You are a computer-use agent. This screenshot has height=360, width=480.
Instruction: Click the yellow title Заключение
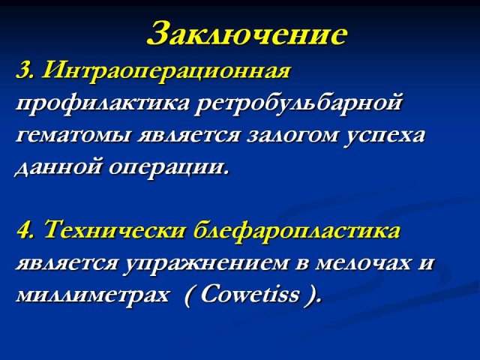(x=247, y=33)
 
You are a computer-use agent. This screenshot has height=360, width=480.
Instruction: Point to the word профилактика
(x=103, y=104)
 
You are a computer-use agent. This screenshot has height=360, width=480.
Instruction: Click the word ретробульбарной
(x=298, y=104)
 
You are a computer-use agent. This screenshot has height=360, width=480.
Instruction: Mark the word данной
(x=58, y=168)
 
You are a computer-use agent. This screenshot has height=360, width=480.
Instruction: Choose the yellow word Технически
(x=115, y=229)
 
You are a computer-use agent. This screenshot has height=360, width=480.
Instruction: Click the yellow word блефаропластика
(x=297, y=231)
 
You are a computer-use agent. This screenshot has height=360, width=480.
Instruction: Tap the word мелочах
(x=363, y=263)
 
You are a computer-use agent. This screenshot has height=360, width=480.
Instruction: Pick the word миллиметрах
(x=92, y=295)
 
